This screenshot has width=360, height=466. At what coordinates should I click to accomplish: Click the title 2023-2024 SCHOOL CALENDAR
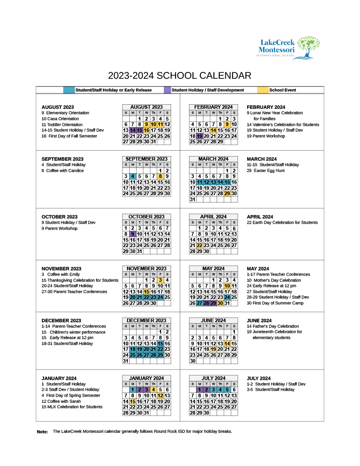[180, 76]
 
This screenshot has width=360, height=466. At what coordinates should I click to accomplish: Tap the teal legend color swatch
[69, 90]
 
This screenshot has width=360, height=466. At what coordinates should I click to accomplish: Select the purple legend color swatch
[167, 90]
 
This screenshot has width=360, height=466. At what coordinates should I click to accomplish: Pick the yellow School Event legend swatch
[263, 90]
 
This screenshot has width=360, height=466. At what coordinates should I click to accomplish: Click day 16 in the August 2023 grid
[147, 130]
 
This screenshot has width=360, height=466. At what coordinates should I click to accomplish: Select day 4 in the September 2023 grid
[132, 176]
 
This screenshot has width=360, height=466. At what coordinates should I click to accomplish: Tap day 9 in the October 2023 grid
[132, 234]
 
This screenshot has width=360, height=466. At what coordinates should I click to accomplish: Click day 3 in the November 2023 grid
[160, 280]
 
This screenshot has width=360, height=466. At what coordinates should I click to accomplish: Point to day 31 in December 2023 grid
[126, 361]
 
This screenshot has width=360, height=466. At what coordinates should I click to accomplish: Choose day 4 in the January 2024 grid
[153, 390]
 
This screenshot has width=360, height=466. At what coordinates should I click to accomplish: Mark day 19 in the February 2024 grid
[199, 136]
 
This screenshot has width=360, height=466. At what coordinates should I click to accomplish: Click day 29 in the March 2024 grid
[227, 193]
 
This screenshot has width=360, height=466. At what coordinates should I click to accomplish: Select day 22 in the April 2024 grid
[199, 245]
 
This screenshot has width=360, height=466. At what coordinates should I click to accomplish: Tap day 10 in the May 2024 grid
[227, 286]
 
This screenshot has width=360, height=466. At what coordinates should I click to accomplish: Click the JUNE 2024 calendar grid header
[213, 320]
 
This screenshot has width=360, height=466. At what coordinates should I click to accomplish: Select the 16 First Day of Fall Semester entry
[69, 136]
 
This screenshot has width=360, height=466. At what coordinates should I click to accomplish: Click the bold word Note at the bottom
[42, 431]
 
